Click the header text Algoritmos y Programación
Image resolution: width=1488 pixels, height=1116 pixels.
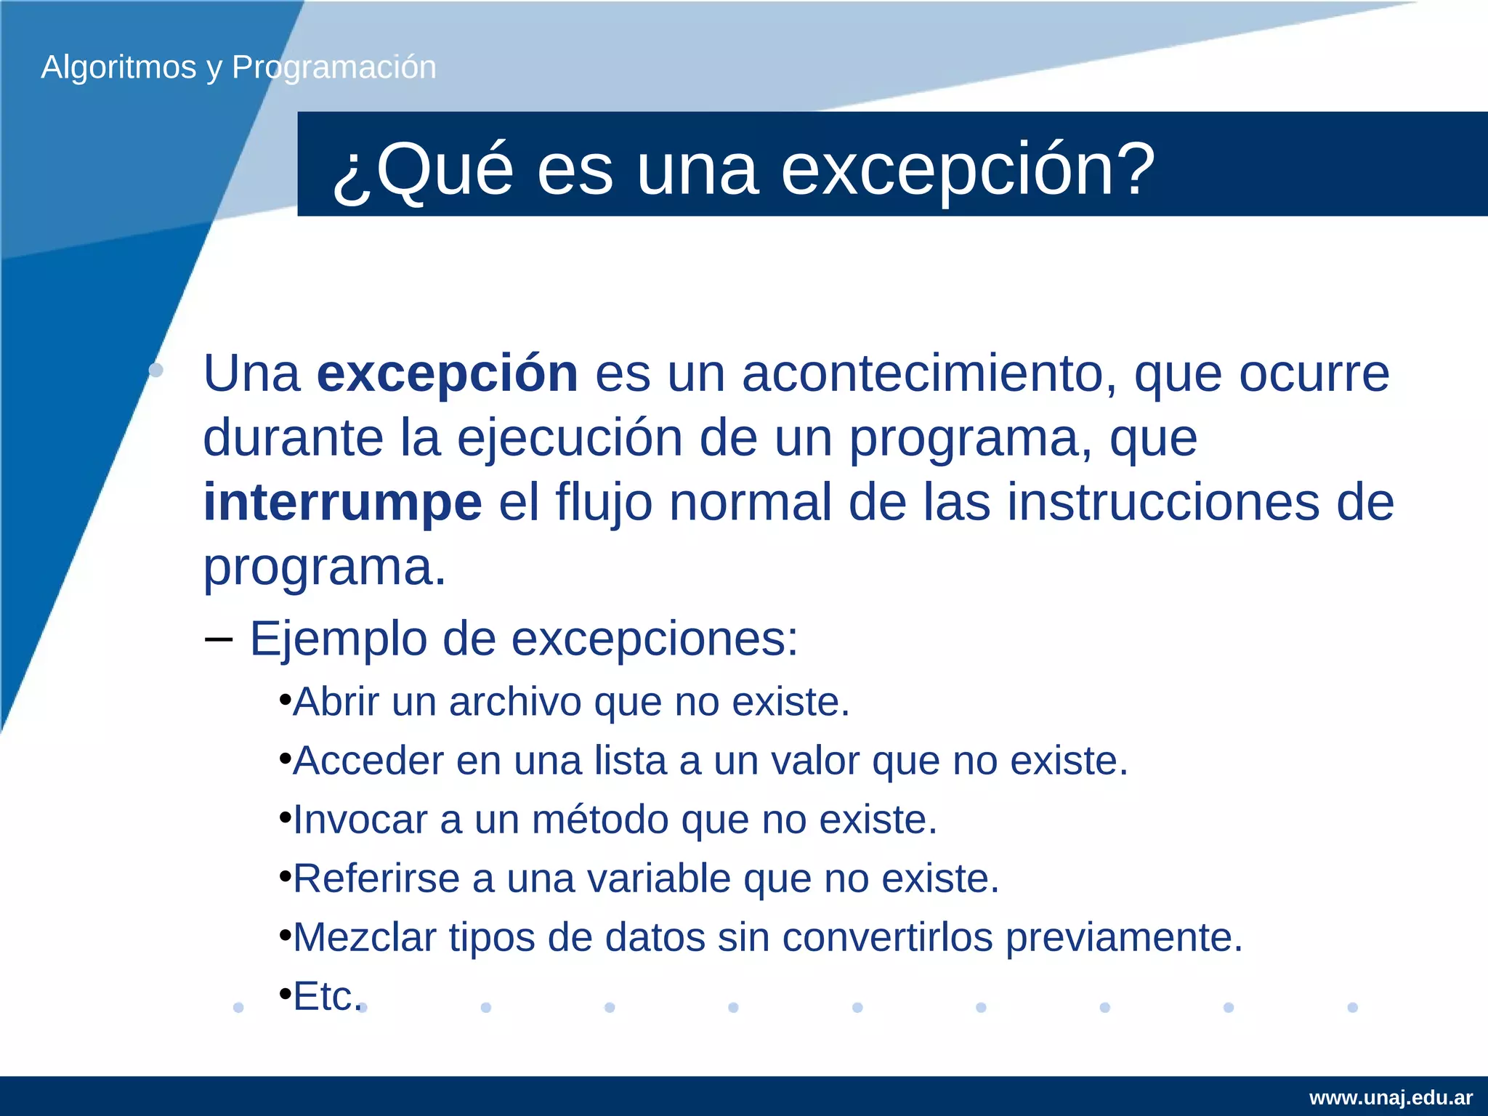[238, 68]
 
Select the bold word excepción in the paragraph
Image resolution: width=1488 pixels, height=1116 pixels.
[447, 374]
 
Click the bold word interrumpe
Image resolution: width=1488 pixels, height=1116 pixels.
[342, 503]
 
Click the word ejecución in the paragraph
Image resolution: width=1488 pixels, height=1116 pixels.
[570, 439]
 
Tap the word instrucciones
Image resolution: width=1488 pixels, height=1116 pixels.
[1162, 503]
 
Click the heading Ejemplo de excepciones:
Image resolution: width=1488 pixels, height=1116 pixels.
[523, 639]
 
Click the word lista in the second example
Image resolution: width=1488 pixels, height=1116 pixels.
[630, 761]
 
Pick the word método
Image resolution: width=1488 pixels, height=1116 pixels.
[600, 820]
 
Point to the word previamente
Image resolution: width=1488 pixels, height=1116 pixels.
[1124, 938]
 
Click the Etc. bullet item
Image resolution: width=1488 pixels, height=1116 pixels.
[327, 997]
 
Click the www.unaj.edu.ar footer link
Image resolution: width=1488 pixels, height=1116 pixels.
[1391, 1098]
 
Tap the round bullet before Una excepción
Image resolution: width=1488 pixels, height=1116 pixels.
[155, 371]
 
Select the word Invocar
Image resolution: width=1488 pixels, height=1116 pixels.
[360, 820]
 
